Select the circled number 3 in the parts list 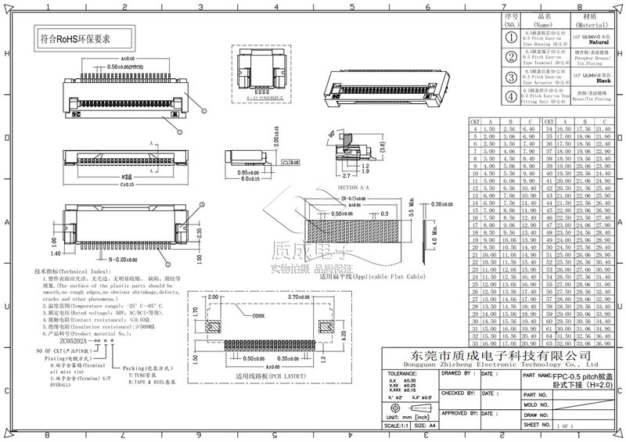tap(511, 77)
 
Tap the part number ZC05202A tap(75, 340)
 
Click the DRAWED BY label tap(457, 374)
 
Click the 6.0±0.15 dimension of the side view tap(246, 178)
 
